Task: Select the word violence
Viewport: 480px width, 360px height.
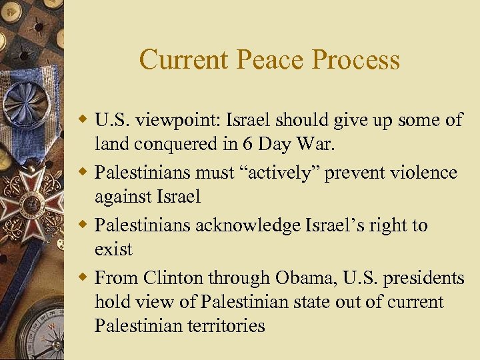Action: tap(421, 173)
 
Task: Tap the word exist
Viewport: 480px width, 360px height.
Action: tap(113, 249)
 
